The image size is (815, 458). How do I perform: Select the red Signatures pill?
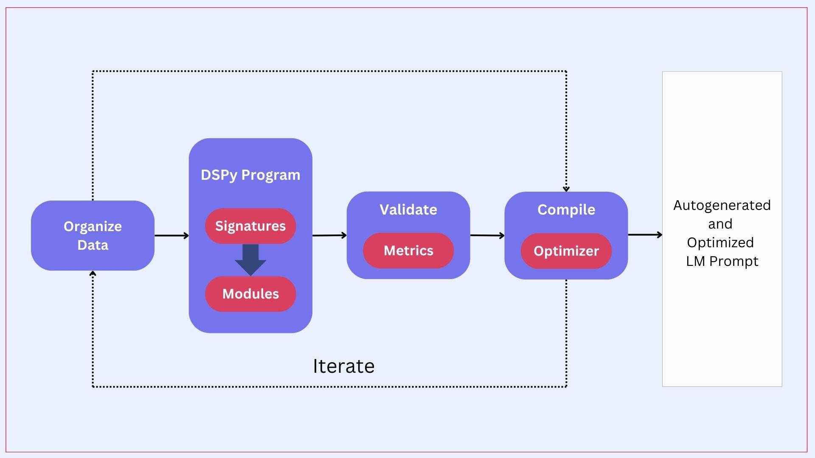pyautogui.click(x=250, y=226)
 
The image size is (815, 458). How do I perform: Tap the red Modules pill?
pyautogui.click(x=250, y=294)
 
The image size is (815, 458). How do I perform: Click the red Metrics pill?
pyautogui.click(x=408, y=251)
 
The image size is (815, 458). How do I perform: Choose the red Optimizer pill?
pyautogui.click(x=566, y=251)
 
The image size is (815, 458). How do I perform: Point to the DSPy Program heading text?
pyautogui.click(x=250, y=175)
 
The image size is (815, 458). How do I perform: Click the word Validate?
pyautogui.click(x=408, y=209)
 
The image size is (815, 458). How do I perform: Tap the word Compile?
pyautogui.click(x=566, y=209)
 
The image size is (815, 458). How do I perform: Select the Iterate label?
pyautogui.click(x=343, y=366)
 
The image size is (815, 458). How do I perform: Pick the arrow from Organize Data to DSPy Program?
pyautogui.click(x=171, y=235)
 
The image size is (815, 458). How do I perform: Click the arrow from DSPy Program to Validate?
pyautogui.click(x=329, y=235)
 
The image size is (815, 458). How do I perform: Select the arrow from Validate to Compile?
pyautogui.click(x=487, y=235)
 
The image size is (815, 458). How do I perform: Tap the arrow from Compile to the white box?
pyautogui.click(x=645, y=235)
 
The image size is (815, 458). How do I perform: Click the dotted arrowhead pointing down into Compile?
pyautogui.click(x=566, y=189)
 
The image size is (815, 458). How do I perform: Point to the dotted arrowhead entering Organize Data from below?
pyautogui.click(x=93, y=274)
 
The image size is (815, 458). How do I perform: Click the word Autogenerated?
pyautogui.click(x=722, y=205)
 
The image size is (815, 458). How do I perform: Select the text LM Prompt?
pyautogui.click(x=722, y=261)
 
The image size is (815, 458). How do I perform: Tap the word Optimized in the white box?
pyautogui.click(x=720, y=243)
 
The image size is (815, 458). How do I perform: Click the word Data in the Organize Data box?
pyautogui.click(x=93, y=245)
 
